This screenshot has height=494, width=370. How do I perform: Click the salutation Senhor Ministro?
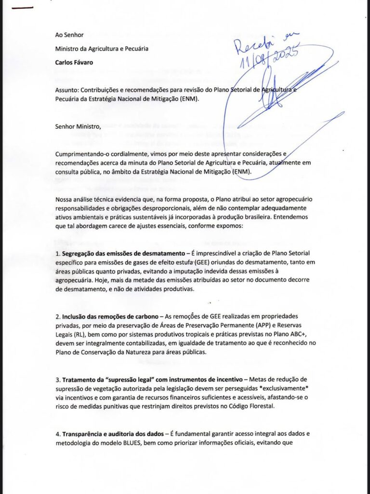pyautogui.click(x=79, y=127)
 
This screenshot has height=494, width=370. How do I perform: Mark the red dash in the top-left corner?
pyautogui.click(x=24, y=7)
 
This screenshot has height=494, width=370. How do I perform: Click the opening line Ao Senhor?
pyautogui.click(x=69, y=35)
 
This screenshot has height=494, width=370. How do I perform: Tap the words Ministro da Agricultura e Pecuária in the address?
pyautogui.click(x=102, y=49)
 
